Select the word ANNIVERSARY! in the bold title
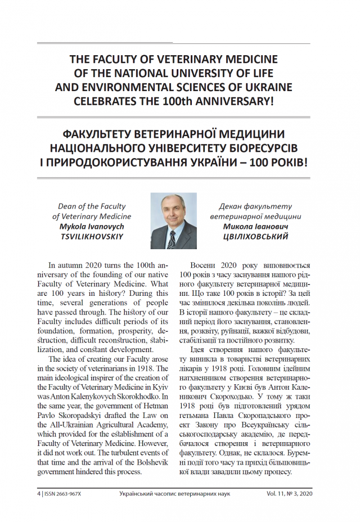[235, 102]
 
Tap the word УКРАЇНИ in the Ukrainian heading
[229, 163]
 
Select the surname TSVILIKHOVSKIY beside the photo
[92, 236]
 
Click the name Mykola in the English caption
[74, 226]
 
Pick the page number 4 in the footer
[38, 493]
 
